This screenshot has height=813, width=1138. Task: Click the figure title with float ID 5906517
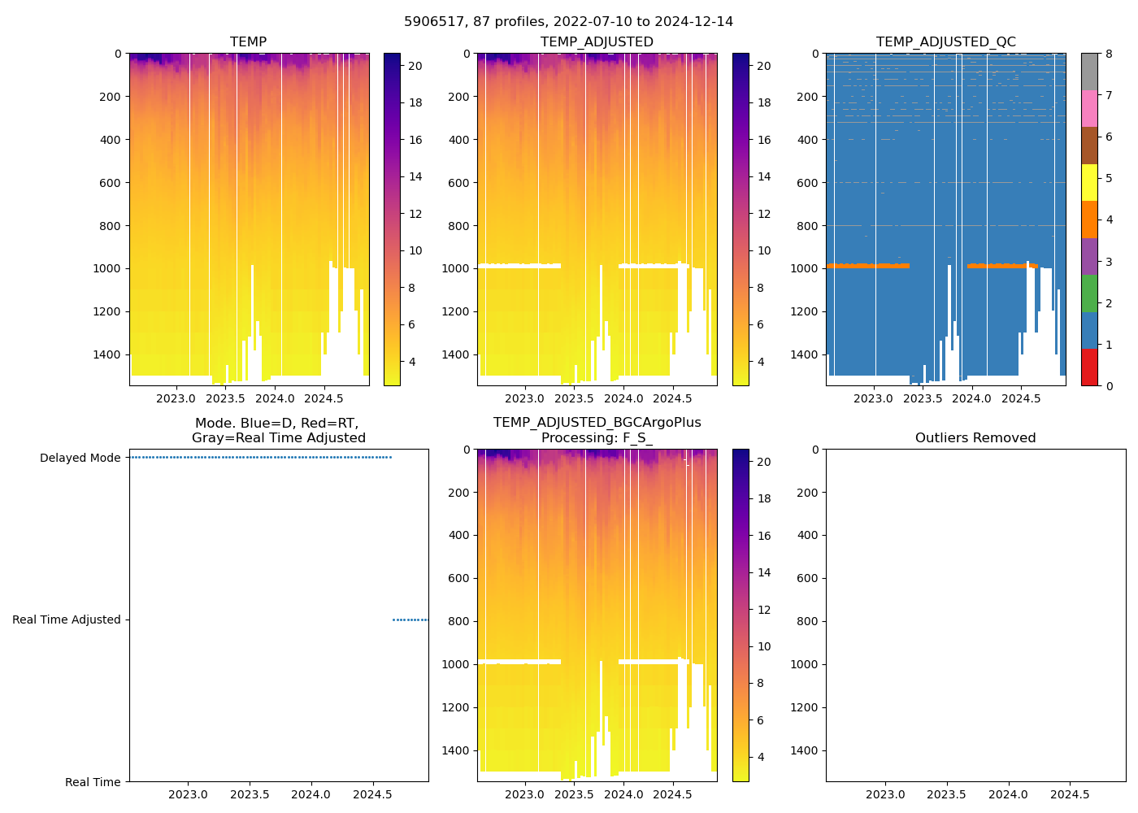[x=568, y=22]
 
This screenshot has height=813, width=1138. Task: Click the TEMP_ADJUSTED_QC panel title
[x=945, y=42]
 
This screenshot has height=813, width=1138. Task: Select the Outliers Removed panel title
[x=975, y=438]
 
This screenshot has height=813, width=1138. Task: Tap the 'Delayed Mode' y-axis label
[x=80, y=458]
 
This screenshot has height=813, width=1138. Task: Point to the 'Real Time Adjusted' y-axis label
[x=67, y=620]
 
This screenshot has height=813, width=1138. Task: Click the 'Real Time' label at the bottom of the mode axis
[x=93, y=782]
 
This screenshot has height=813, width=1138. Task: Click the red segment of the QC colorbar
[x=1089, y=367]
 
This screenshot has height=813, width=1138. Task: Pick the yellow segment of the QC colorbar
[x=1089, y=182]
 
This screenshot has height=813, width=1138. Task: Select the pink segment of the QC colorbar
[x=1089, y=108]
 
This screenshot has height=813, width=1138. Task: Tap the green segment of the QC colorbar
[x=1089, y=293]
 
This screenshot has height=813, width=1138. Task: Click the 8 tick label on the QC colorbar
[x=1108, y=54]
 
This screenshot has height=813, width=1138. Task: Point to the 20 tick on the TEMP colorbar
[x=415, y=66]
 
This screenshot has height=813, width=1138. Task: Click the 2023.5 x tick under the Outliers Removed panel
[x=947, y=794]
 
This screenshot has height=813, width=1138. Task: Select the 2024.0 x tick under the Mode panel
[x=311, y=794]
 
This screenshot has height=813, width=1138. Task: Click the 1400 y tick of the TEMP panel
[x=108, y=354]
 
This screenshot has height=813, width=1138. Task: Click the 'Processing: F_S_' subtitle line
[x=597, y=438]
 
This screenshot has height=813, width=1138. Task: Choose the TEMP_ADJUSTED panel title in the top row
[x=597, y=42]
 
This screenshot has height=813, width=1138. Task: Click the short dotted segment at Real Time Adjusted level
[x=410, y=620]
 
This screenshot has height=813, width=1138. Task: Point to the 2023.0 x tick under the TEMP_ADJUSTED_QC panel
[x=874, y=398]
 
